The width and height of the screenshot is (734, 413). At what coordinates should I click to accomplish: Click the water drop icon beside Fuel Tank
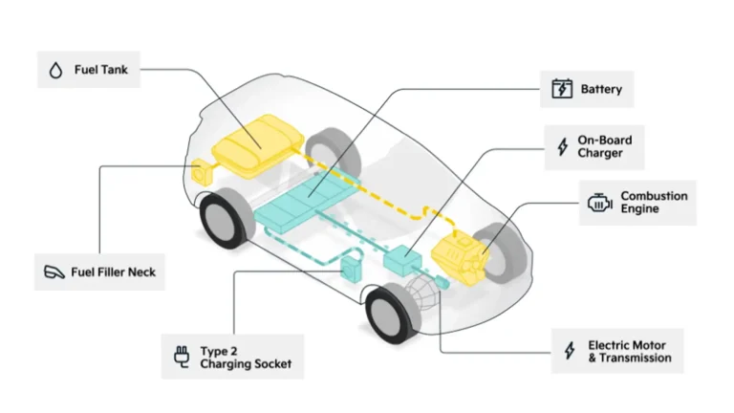[x=55, y=70]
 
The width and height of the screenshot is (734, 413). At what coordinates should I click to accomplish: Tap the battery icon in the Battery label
[x=562, y=89]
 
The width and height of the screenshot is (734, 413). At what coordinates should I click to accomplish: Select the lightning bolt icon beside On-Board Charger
[x=563, y=146]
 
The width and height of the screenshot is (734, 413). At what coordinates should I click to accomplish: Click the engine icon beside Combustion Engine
[x=599, y=203]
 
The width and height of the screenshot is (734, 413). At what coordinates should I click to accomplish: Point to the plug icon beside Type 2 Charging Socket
[x=182, y=357]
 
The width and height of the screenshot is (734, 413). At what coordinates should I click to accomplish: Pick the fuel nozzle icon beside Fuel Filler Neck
[x=54, y=272]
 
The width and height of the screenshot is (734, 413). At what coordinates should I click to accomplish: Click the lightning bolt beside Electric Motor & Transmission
[x=570, y=350]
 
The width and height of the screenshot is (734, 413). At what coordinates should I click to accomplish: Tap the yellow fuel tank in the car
[x=258, y=145]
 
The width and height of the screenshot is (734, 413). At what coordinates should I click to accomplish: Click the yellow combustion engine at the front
[x=460, y=256]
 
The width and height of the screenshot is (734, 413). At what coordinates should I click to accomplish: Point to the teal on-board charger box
[x=402, y=260]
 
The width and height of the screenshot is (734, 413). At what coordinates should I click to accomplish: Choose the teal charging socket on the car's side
[x=351, y=271]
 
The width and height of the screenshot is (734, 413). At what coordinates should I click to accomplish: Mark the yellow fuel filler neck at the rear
[x=202, y=172]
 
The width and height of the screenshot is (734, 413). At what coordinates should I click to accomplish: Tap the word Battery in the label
[x=601, y=89]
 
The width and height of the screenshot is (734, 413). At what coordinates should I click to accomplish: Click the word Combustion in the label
[x=654, y=196]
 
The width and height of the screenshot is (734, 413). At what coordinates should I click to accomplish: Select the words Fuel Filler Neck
[x=114, y=272]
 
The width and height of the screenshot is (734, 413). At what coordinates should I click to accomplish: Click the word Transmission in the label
[x=636, y=358]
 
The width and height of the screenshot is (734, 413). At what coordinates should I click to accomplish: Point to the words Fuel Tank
[x=101, y=70]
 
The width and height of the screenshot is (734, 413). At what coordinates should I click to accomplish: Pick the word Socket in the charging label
[x=274, y=363]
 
